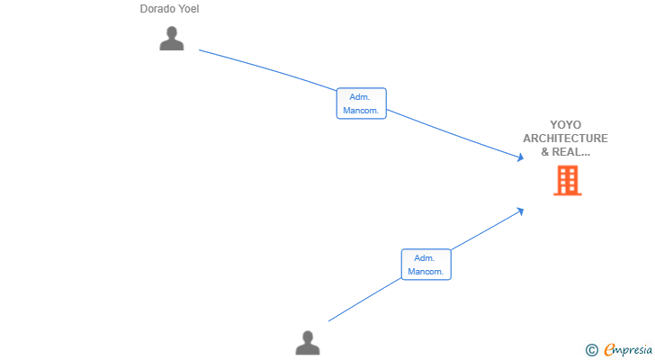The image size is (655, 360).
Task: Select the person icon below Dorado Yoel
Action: [172, 39]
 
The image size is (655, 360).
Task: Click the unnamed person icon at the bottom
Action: [308, 343]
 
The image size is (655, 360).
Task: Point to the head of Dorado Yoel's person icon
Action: [172, 32]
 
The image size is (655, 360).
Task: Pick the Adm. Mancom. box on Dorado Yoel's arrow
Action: [362, 103]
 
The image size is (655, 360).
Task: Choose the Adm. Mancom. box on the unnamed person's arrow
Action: [426, 265]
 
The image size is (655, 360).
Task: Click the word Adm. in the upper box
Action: [359, 97]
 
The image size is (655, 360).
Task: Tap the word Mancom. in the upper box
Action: [361, 111]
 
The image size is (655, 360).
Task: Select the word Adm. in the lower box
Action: [424, 258]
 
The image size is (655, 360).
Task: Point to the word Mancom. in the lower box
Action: [426, 272]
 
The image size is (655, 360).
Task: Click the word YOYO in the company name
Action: [566, 125]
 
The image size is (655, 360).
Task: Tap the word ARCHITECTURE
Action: [566, 139]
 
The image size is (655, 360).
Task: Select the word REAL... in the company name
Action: [571, 152]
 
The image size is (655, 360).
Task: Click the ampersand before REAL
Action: [545, 152]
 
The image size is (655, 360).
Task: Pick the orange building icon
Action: [568, 180]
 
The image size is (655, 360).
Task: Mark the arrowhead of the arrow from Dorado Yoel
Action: [520, 157]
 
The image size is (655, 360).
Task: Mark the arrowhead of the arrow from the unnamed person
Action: [520, 211]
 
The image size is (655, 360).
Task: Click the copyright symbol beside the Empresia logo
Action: [592, 350]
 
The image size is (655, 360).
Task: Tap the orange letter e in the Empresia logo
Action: [610, 349]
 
